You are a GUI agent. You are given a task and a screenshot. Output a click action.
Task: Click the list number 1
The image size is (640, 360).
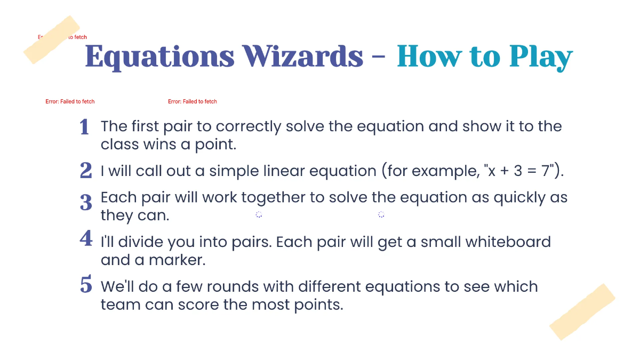(x=84, y=127)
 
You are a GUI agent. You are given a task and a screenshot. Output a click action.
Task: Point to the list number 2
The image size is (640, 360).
(x=85, y=171)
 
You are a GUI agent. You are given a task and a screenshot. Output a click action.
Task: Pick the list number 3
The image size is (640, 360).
(x=85, y=203)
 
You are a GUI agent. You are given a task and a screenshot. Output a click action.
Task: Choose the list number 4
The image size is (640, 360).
(x=85, y=238)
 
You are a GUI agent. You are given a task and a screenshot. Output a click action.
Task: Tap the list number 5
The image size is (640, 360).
(x=85, y=284)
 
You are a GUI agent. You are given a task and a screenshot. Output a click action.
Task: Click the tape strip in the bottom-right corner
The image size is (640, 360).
(x=582, y=311)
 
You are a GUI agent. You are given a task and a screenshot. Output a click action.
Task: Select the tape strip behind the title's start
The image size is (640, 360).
(x=52, y=39)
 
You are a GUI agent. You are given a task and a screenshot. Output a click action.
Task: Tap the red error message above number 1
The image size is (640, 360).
(x=70, y=101)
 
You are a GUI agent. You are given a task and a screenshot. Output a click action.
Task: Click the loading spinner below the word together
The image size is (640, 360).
(x=259, y=214)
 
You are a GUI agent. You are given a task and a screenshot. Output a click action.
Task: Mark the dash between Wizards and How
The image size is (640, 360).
(x=380, y=57)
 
